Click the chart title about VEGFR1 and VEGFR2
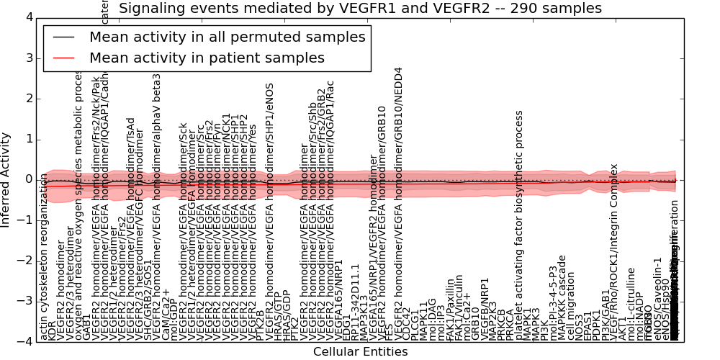[360, 9]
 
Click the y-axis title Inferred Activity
[6, 179]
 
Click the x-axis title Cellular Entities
[360, 352]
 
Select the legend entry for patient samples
[207, 58]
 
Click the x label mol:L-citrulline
[631, 303]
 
